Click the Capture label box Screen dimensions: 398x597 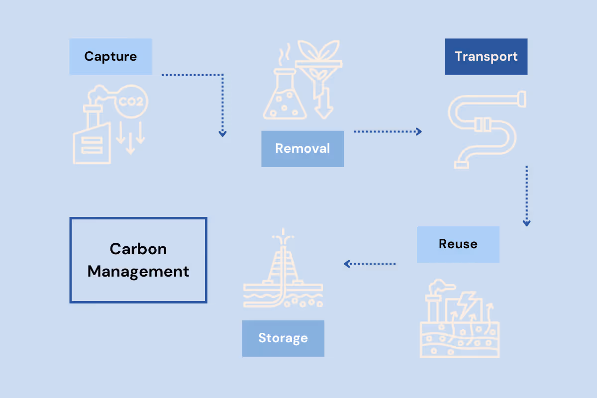[110, 57]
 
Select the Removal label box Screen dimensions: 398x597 [302, 149]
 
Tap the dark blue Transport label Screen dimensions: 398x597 [486, 57]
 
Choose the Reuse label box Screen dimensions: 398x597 [458, 244]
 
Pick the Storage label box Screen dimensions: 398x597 [283, 338]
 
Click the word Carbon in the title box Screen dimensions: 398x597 [138, 249]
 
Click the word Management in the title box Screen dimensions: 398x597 [138, 272]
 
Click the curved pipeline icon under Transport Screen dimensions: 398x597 [485, 129]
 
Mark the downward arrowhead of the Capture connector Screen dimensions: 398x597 [222, 133]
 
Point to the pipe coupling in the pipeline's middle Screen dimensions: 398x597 [480, 124]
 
